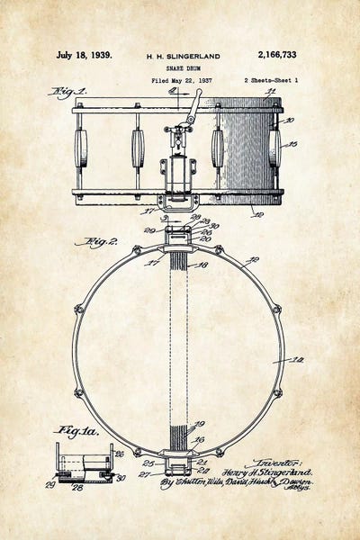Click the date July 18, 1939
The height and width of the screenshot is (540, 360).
point(84,55)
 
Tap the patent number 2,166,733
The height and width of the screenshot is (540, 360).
point(276,55)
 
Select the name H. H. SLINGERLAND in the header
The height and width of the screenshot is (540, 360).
point(183,56)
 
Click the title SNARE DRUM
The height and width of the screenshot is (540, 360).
point(183,67)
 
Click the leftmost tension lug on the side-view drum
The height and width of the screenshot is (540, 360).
point(80,148)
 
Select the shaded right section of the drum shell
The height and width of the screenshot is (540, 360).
point(247,148)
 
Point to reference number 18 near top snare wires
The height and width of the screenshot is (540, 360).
point(203,265)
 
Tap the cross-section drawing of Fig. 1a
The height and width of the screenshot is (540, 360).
point(84,463)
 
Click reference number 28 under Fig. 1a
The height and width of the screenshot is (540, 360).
point(78,489)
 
